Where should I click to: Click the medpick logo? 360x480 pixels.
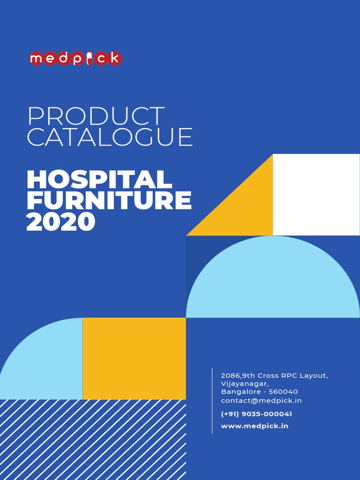tap(75, 59)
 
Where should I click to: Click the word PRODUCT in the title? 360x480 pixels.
tap(96, 117)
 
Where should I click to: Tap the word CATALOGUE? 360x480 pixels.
tap(110, 137)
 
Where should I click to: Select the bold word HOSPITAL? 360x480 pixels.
tap(99, 180)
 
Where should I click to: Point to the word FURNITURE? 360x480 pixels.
tap(109, 201)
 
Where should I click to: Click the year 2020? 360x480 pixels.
tap(61, 222)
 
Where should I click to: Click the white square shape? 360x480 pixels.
tap(316, 195)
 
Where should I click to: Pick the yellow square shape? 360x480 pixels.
tap(134, 359)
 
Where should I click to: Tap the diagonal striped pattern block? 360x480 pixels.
tap(93, 440)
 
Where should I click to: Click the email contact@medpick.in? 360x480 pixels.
tap(261, 401)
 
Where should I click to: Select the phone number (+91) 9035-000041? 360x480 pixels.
tap(256, 414)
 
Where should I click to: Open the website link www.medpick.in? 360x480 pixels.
tap(255, 426)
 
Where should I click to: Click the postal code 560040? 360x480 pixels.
tap(284, 392)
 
